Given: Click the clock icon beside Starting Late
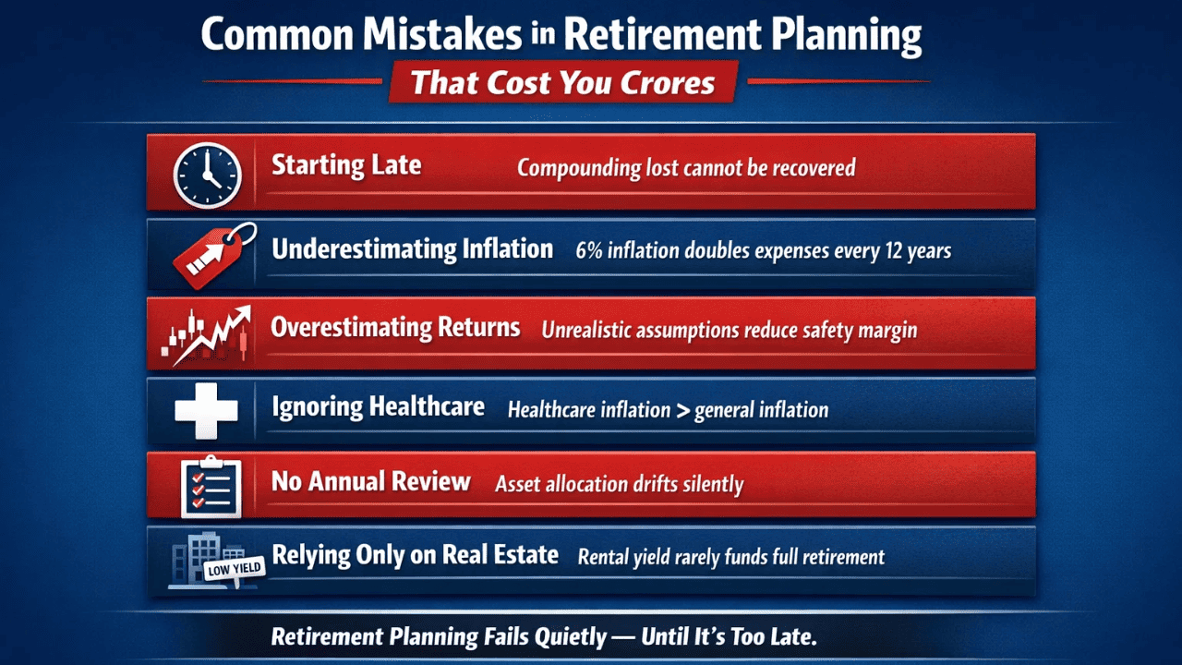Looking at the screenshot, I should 207,174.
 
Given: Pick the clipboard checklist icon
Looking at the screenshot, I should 211,486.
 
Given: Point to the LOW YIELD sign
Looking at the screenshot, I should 234,569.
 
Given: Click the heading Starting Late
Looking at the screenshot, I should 346,166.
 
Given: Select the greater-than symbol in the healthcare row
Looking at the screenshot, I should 681,409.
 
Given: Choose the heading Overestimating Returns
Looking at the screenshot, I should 395,328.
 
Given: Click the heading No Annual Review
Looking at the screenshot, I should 370,481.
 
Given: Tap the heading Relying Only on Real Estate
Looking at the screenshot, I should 415,555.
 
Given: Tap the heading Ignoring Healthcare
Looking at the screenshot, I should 378,406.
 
